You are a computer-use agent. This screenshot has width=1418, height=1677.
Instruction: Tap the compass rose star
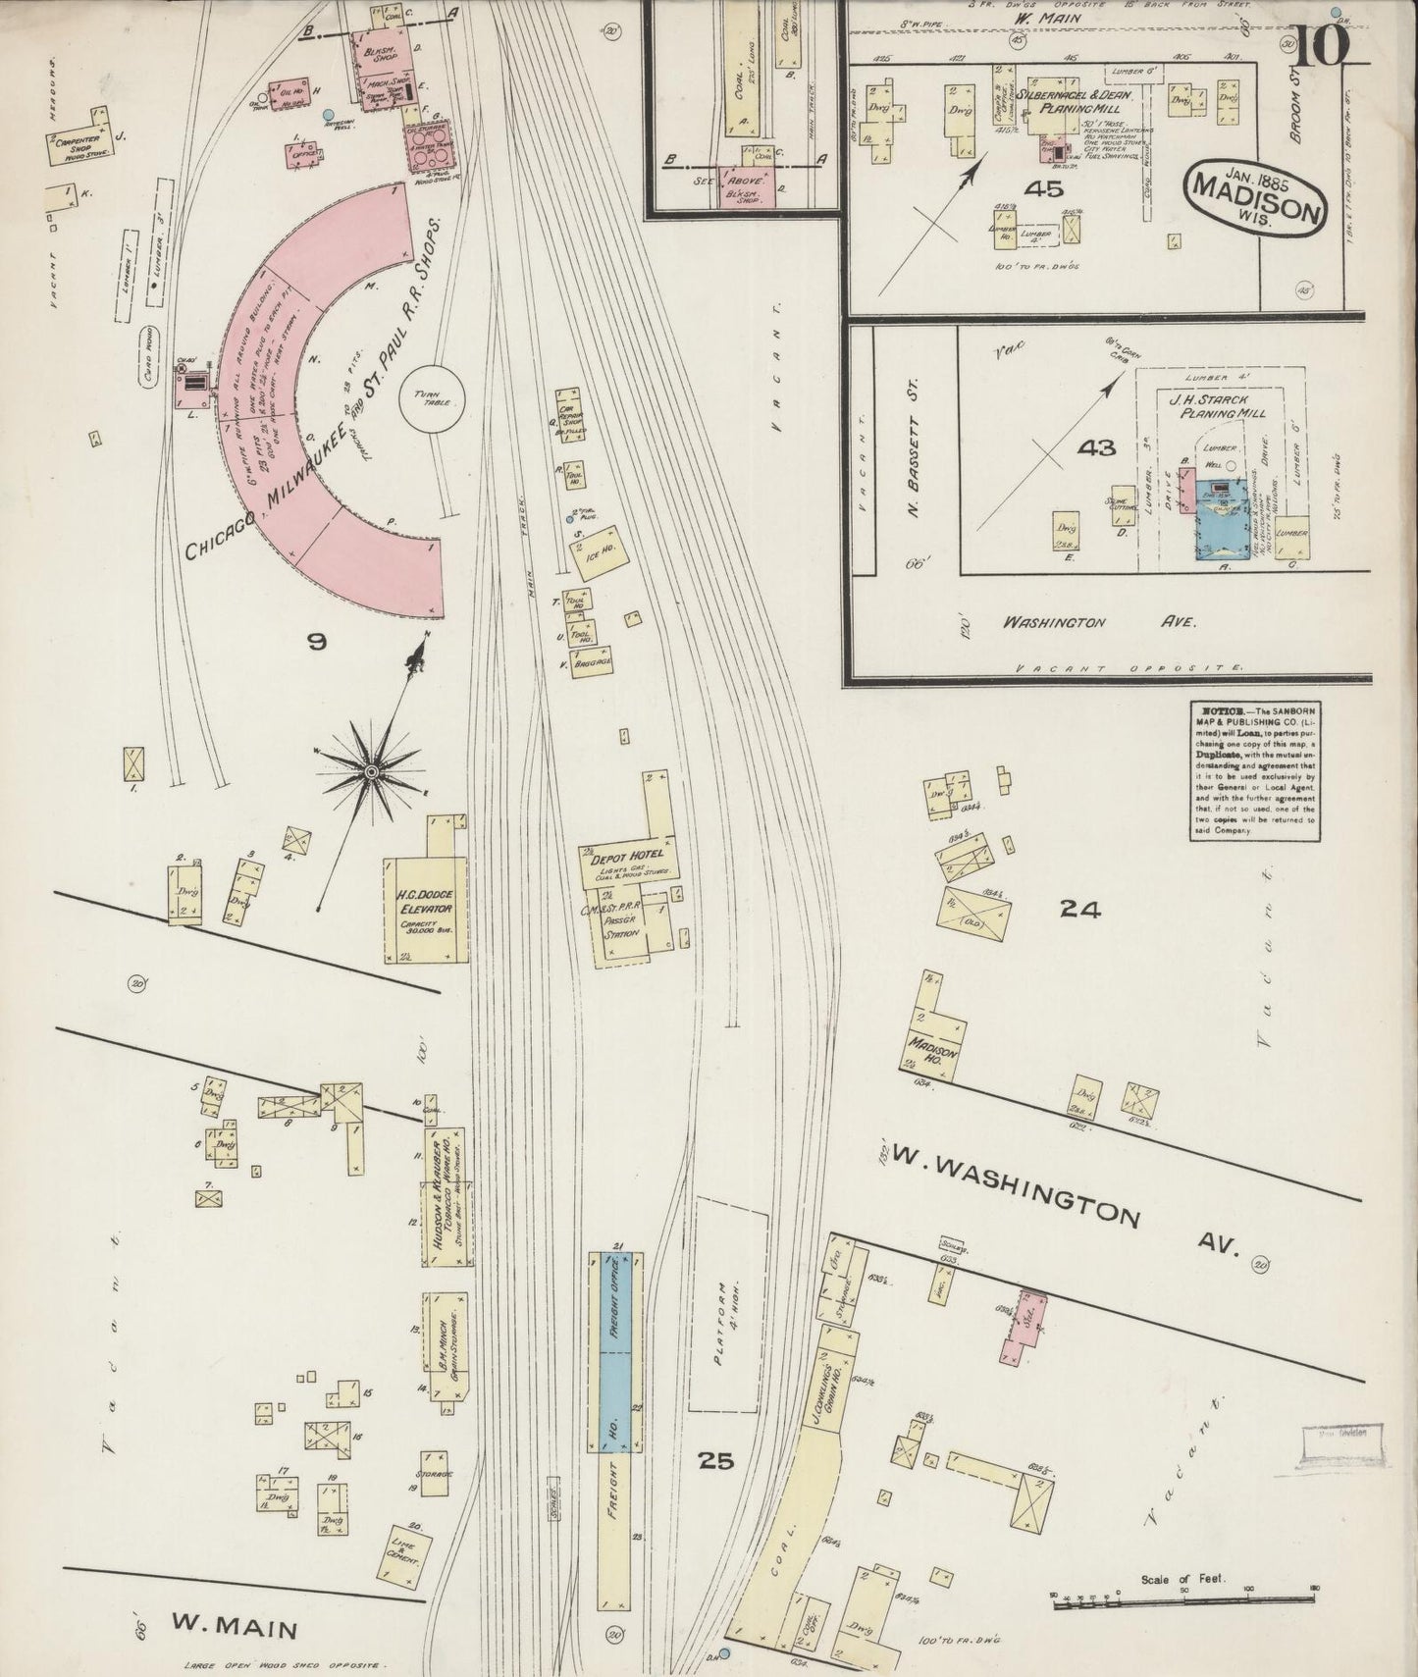(371, 774)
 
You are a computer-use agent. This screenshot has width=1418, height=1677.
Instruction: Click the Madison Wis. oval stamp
(1256, 196)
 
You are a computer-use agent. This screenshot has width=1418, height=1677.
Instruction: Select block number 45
(1042, 188)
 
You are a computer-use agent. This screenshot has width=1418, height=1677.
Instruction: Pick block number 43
(1096, 447)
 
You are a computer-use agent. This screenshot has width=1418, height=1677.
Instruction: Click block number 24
(1079, 910)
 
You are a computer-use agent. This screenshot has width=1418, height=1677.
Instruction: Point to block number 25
(715, 1461)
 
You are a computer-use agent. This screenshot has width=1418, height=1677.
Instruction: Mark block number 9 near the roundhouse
(316, 642)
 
